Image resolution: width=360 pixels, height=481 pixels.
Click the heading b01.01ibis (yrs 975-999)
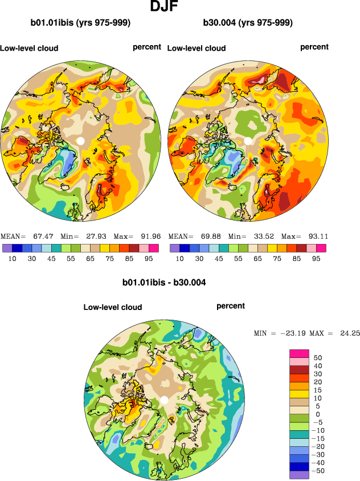coord(80,23)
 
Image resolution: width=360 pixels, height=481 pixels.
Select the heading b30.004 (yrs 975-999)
coord(248,23)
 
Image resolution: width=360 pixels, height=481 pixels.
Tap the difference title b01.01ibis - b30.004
coord(164,282)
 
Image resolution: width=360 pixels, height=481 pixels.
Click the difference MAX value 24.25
coord(348,333)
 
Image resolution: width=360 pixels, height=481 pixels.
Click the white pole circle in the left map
coord(80,140)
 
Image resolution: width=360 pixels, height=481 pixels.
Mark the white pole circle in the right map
coord(248,140)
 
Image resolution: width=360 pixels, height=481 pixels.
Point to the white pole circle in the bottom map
coord(164,400)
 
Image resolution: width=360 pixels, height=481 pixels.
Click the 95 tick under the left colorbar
coord(149,258)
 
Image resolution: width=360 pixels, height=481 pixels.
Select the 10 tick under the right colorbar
coord(179,258)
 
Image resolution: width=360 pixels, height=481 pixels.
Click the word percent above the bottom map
coord(231,306)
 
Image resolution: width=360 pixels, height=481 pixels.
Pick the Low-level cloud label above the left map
coord(29,48)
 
